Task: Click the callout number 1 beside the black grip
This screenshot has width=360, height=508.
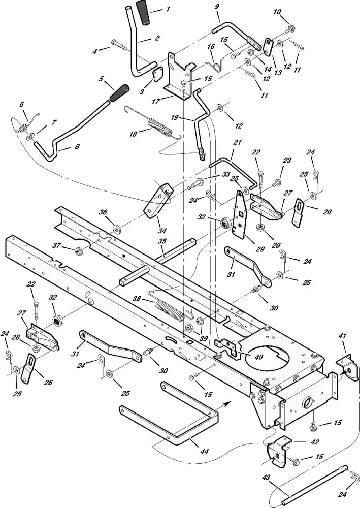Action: (x=168, y=10)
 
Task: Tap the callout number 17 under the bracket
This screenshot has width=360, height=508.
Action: (x=155, y=101)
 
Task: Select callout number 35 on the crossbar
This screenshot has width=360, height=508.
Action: (x=162, y=241)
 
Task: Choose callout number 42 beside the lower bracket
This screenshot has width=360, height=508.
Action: (x=315, y=442)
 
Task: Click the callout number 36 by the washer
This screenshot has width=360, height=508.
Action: (x=103, y=213)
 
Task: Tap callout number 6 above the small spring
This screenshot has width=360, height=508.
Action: (x=21, y=104)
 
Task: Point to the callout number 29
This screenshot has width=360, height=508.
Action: (x=261, y=249)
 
